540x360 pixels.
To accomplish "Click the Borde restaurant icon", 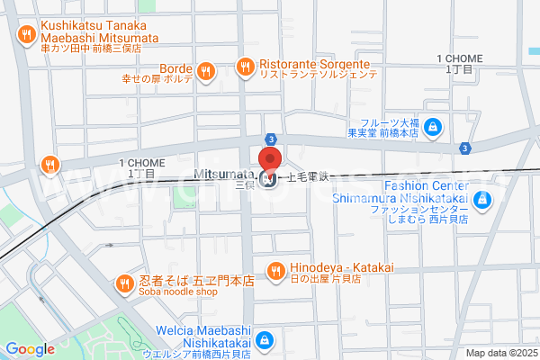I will coord(207,69).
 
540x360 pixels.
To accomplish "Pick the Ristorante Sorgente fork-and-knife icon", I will coord(244,65).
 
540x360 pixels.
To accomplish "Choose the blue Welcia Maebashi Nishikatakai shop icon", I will coord(265,340).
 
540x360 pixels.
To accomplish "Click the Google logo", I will coord(30,349).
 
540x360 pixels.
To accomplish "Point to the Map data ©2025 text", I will coord(500,353).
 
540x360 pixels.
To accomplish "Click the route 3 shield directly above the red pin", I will coord(270,137).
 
